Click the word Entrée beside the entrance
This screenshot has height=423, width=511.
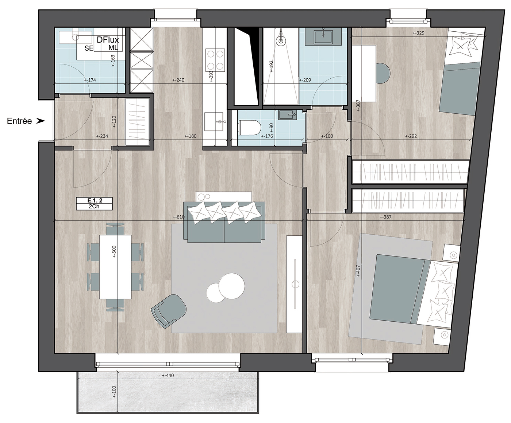coord(19,121)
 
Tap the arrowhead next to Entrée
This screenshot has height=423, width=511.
coord(41,121)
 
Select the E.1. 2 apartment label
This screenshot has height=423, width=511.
coord(95,201)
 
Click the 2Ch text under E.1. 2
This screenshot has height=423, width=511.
coord(94,207)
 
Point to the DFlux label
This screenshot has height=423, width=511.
coord(108,40)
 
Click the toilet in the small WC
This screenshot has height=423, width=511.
coord(250,127)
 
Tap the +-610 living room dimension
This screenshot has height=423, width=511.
coord(178,217)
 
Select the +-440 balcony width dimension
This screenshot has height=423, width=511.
coord(168,375)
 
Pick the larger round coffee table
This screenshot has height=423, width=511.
coord(231,286)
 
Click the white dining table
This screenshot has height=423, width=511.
coord(115,267)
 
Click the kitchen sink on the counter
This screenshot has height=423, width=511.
coord(214,122)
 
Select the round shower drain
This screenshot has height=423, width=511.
coord(281,40)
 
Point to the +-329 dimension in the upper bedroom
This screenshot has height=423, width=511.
coord(418,33)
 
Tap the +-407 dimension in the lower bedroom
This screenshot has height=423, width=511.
coord(358,271)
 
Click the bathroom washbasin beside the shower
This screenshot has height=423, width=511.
coord(323,37)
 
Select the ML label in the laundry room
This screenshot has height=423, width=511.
coord(113,48)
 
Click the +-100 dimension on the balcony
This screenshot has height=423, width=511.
coord(114,392)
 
